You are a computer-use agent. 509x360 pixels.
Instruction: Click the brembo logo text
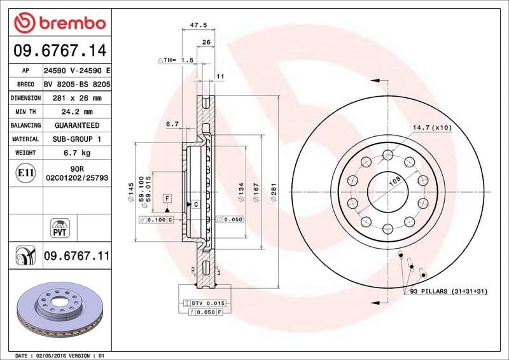[69, 24]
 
